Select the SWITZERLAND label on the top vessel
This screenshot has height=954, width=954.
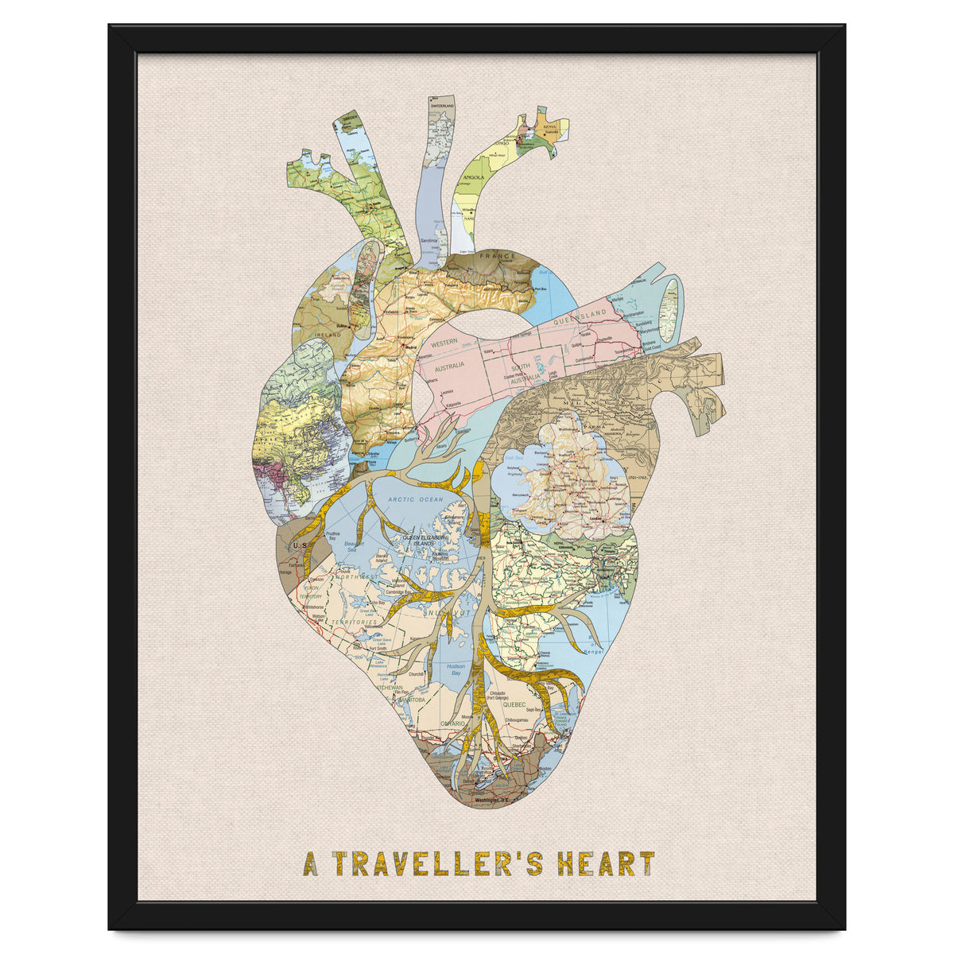tap(442, 106)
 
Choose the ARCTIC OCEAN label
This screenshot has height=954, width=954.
tap(415, 499)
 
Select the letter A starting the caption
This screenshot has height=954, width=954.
tap(310, 864)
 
